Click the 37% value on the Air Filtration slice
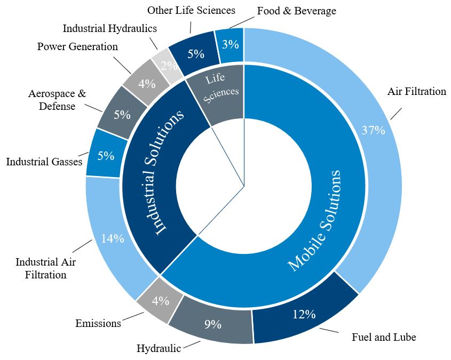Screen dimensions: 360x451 coord(373,130)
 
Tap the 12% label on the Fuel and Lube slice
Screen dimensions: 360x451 coord(304,314)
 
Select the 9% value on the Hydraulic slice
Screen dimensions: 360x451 coord(212,324)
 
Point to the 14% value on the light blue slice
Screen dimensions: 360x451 coord(113,238)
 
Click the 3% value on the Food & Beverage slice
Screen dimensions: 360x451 coord(231,45)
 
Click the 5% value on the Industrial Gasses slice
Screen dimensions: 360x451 coord(106,156)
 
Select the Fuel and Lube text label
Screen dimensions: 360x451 coord(384,337)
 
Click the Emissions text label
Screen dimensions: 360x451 coord(98,323)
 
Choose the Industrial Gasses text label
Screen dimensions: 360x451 coord(44,161)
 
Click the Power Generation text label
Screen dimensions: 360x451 coord(77,46)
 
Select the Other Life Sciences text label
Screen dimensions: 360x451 coord(191,10)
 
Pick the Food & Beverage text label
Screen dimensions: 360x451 coord(296,11)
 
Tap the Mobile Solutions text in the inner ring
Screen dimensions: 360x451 coord(314,220)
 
